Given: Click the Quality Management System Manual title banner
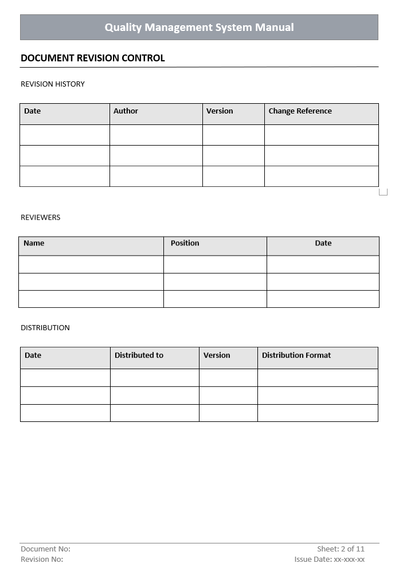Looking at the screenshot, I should (199, 28).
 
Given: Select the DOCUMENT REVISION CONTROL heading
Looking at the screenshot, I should (93, 58).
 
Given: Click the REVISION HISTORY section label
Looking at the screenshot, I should (53, 84).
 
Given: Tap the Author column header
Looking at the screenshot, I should (126, 111).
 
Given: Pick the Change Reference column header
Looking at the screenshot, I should (300, 111).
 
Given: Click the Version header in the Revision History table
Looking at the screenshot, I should (220, 111).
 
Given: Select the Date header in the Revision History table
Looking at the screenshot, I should (33, 111).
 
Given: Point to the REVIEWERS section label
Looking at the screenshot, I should (40, 218).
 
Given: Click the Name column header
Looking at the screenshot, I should (34, 243).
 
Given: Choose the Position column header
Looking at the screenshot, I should (185, 243).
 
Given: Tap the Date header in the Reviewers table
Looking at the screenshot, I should (323, 243).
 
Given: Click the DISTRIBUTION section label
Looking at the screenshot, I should (45, 328).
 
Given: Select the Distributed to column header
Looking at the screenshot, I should (139, 355).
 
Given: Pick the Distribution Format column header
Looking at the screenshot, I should (296, 355).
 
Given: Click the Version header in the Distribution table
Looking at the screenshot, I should (217, 355).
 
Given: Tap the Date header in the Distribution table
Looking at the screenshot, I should (33, 355).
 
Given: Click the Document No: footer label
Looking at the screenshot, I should (45, 549).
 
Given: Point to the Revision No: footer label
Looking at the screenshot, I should (42, 560).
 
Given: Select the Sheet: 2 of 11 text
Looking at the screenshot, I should (341, 549).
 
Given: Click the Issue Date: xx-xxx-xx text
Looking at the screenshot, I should (330, 560).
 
